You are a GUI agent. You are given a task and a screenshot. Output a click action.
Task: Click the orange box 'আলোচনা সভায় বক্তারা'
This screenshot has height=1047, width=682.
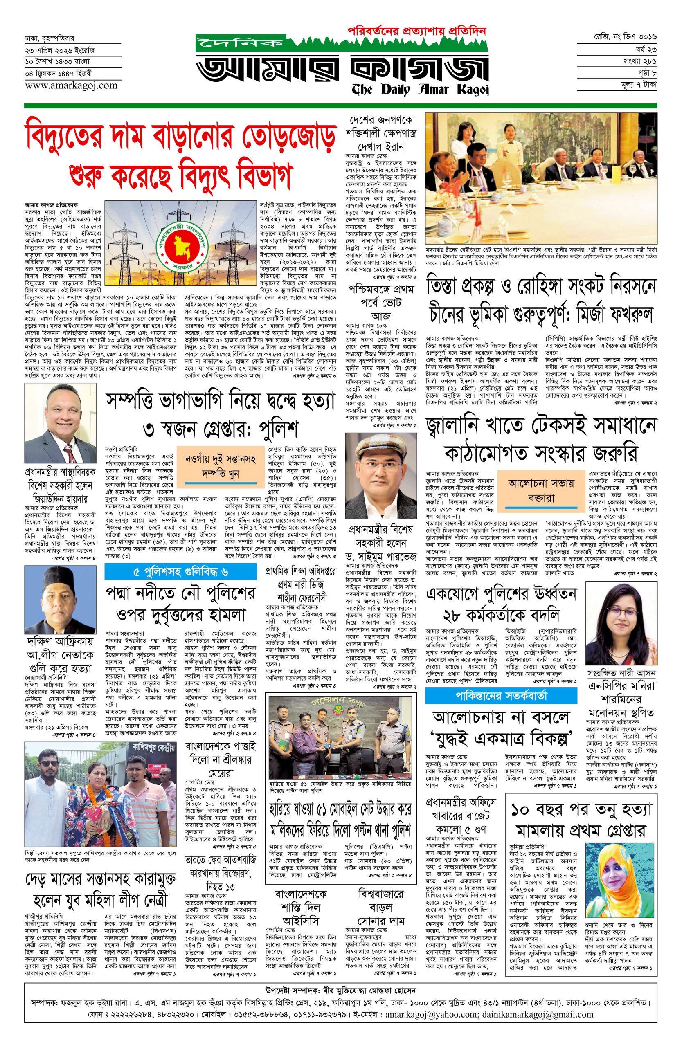coord(541,490)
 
